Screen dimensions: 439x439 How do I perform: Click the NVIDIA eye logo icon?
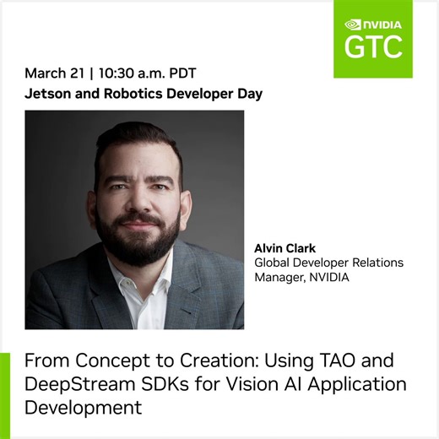pyautogui.click(x=355, y=24)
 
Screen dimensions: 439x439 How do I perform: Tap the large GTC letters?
pyautogui.click(x=372, y=47)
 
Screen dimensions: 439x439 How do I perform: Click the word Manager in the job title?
pyautogui.click(x=282, y=276)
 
